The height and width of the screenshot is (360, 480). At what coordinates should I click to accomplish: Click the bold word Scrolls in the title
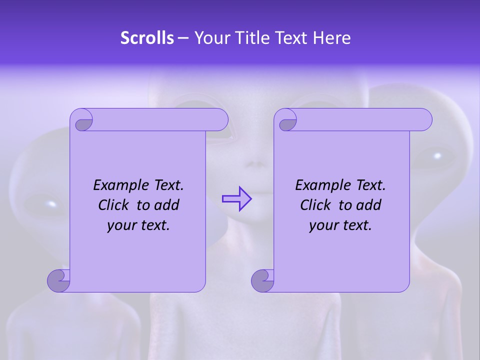[147, 38]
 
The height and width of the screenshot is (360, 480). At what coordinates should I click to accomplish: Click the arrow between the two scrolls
[236, 199]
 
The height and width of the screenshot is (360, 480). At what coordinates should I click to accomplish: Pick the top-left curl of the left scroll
[82, 120]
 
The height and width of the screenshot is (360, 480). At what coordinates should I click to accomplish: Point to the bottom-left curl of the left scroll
[58, 280]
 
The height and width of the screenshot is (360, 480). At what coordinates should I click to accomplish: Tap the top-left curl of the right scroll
[286, 120]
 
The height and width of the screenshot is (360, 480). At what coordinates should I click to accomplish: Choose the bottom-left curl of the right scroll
[262, 280]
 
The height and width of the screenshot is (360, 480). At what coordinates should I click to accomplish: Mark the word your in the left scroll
[120, 225]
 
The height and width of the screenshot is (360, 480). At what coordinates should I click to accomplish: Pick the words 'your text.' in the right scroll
[340, 225]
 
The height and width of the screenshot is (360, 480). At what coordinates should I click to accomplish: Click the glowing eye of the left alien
[50, 204]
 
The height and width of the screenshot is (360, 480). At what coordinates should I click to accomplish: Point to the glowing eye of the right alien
[437, 156]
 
